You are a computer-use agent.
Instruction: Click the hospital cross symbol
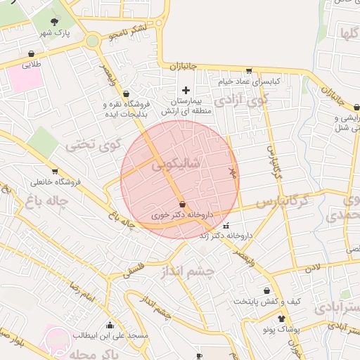tap(186, 90)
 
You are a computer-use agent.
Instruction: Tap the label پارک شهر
tap(56, 33)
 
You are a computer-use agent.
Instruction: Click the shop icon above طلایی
tap(31, 53)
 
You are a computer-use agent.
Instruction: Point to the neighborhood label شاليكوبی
tap(175, 163)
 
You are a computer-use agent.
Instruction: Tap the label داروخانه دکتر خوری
tap(182, 215)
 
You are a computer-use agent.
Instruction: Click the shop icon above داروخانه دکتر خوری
tap(182, 204)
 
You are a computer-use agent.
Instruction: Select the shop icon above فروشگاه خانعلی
tap(55, 171)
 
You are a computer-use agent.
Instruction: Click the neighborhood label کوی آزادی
tap(241, 100)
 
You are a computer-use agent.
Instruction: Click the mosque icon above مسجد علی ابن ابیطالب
tap(110, 325)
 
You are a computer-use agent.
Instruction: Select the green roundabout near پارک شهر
tap(93, 41)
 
